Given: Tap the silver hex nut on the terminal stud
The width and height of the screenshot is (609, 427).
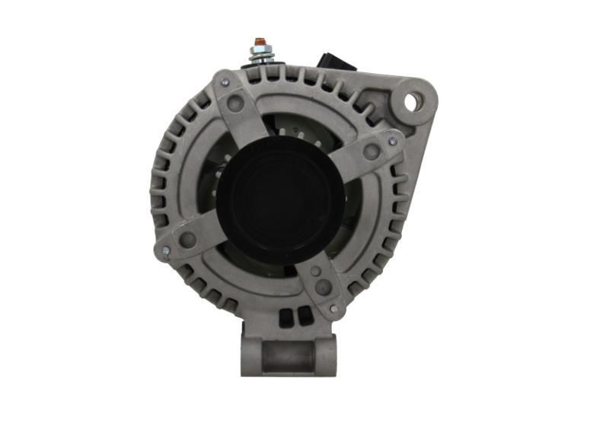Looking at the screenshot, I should click(259, 54).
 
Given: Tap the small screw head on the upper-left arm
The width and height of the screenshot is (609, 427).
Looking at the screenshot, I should click(224, 81).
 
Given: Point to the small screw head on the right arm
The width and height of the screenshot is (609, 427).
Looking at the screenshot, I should click(393, 142).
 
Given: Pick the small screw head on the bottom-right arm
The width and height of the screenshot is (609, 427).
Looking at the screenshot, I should click(333, 309).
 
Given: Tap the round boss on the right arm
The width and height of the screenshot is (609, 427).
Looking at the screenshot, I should click(371, 152).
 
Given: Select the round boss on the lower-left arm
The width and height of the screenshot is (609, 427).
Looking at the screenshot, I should click(187, 239).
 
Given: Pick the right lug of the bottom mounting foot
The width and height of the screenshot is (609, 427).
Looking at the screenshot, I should click(327, 355).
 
